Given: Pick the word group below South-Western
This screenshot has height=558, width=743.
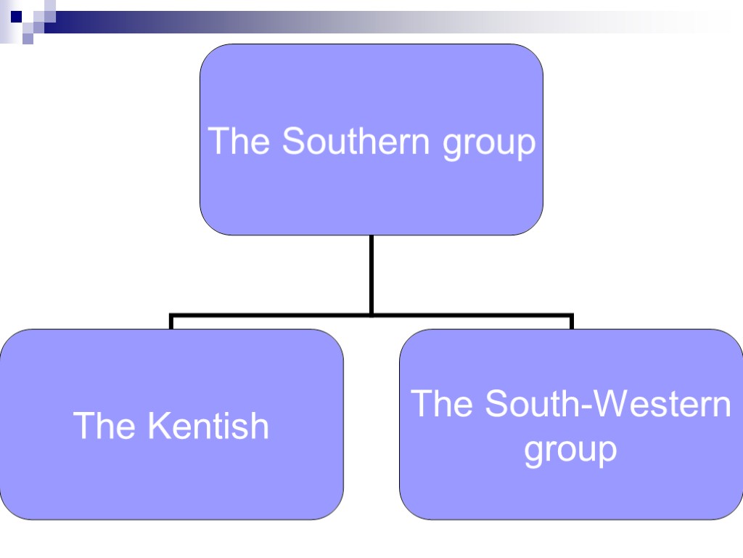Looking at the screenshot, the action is click(x=570, y=450).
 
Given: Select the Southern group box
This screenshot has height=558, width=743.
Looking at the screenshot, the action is click(x=371, y=80).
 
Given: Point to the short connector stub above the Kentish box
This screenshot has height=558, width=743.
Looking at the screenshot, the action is click(x=171, y=322).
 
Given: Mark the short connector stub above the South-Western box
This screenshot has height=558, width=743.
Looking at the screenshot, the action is click(x=572, y=322).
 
